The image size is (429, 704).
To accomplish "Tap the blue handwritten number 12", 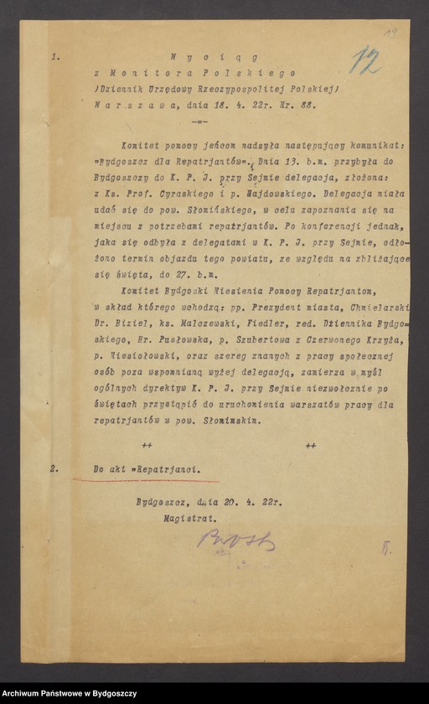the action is (x=365, y=60).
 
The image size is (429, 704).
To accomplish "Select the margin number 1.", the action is (x=55, y=59).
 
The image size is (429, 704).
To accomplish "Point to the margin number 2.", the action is (x=55, y=469).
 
